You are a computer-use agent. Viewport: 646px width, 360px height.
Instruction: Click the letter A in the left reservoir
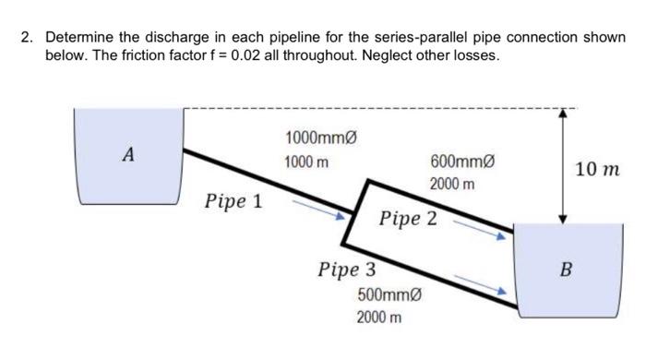pyautogui.click(x=129, y=156)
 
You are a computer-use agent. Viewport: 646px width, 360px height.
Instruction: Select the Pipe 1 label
pyautogui.click(x=233, y=200)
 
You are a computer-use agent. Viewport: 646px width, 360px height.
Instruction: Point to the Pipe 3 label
pyautogui.click(x=346, y=270)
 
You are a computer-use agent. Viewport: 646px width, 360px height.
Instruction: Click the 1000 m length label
pyautogui.click(x=308, y=162)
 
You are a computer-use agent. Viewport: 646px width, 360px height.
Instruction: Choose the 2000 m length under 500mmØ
pyautogui.click(x=379, y=318)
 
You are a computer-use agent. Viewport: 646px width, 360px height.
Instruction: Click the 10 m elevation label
pyautogui.click(x=598, y=170)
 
